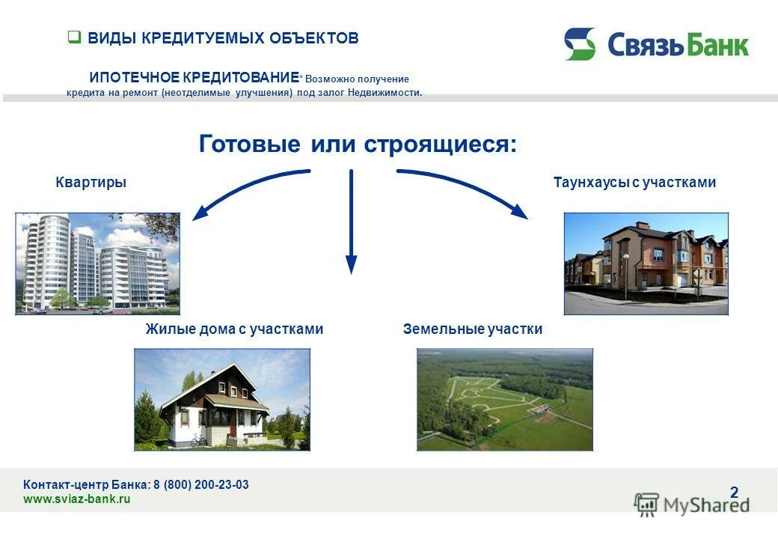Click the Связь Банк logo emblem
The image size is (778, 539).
pyautogui.click(x=580, y=44)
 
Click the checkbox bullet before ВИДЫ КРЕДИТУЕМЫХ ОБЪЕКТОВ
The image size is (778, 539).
pyautogui.click(x=74, y=37)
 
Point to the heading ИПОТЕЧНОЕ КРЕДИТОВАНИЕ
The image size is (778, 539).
pyautogui.click(x=194, y=78)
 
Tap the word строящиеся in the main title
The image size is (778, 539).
pyautogui.click(x=439, y=144)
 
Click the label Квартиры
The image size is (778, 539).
pyautogui.click(x=91, y=182)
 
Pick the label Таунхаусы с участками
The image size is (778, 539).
pyautogui.click(x=634, y=182)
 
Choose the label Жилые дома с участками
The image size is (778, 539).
pyautogui.click(x=234, y=329)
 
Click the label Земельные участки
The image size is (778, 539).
pyautogui.click(x=472, y=329)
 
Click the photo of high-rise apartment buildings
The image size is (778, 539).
pyautogui.click(x=97, y=264)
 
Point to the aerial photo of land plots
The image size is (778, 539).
pyautogui.click(x=504, y=399)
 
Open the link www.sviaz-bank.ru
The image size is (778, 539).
pyautogui.click(x=77, y=499)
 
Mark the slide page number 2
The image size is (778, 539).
pyautogui.click(x=734, y=492)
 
